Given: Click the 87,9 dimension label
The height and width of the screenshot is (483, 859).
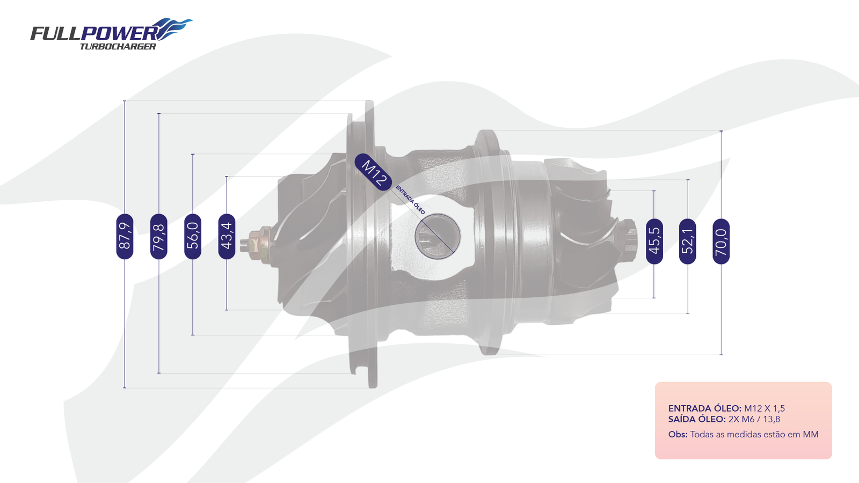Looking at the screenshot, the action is coord(125,237).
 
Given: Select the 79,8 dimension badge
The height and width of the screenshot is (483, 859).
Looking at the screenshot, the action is coord(159,237).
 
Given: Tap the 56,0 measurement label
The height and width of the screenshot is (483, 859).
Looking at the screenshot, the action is coord(193,237).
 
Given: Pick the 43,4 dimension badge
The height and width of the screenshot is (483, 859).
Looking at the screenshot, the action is coord(227,237).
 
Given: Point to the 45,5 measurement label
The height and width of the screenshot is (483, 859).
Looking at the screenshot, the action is coord(654,241).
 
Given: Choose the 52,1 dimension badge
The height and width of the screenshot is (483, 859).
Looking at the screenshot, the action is coord(688,241).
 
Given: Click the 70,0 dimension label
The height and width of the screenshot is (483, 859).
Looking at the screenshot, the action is coord(721,241).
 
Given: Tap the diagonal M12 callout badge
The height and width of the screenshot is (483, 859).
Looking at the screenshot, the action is coord(373,172).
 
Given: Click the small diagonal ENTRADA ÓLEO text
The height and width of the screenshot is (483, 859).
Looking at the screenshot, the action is coord(410,200).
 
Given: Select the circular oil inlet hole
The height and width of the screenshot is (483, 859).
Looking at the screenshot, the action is coord(438,237).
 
